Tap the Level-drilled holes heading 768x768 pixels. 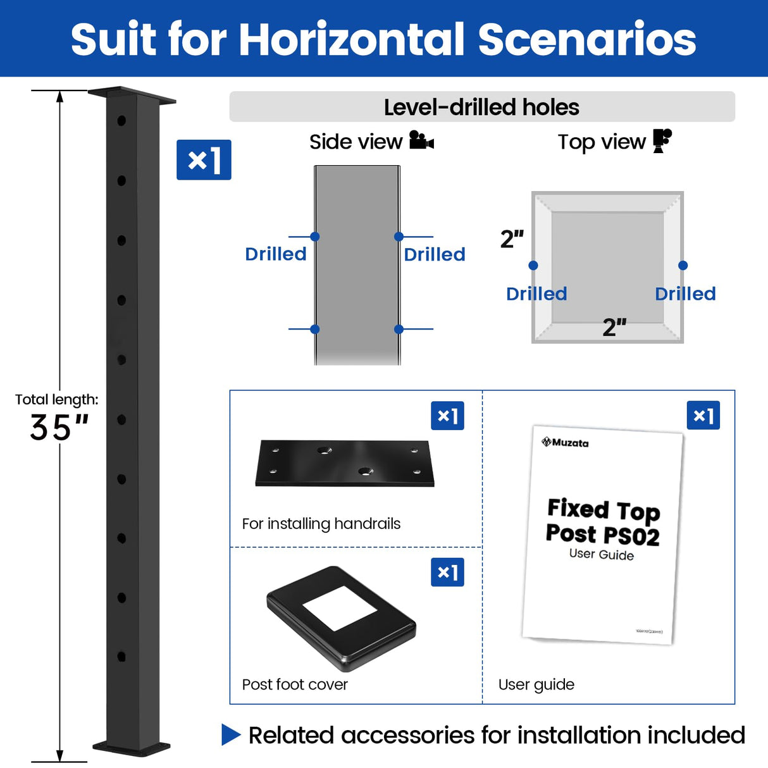pos(481,107)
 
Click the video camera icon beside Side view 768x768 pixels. pos(421,140)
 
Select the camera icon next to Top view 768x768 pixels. pos(662,140)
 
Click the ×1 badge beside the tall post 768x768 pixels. pos(204,160)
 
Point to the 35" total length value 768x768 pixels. pos(59,428)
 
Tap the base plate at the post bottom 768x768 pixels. pos(132,747)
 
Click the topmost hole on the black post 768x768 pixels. pos(121,120)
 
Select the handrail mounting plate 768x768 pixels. pos(345,463)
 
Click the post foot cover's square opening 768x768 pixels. pos(340,608)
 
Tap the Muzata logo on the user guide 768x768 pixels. pos(565,442)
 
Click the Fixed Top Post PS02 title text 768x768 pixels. pos(603,522)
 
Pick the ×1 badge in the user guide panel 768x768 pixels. pos(703,416)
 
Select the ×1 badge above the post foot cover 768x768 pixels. pos(447,572)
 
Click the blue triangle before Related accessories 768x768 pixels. pos(231,735)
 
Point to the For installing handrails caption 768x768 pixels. pos(321,524)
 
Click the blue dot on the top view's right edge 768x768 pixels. pos(683,266)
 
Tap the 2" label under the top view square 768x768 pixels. pos(614,327)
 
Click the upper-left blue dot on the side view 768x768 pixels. pos(315,237)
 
